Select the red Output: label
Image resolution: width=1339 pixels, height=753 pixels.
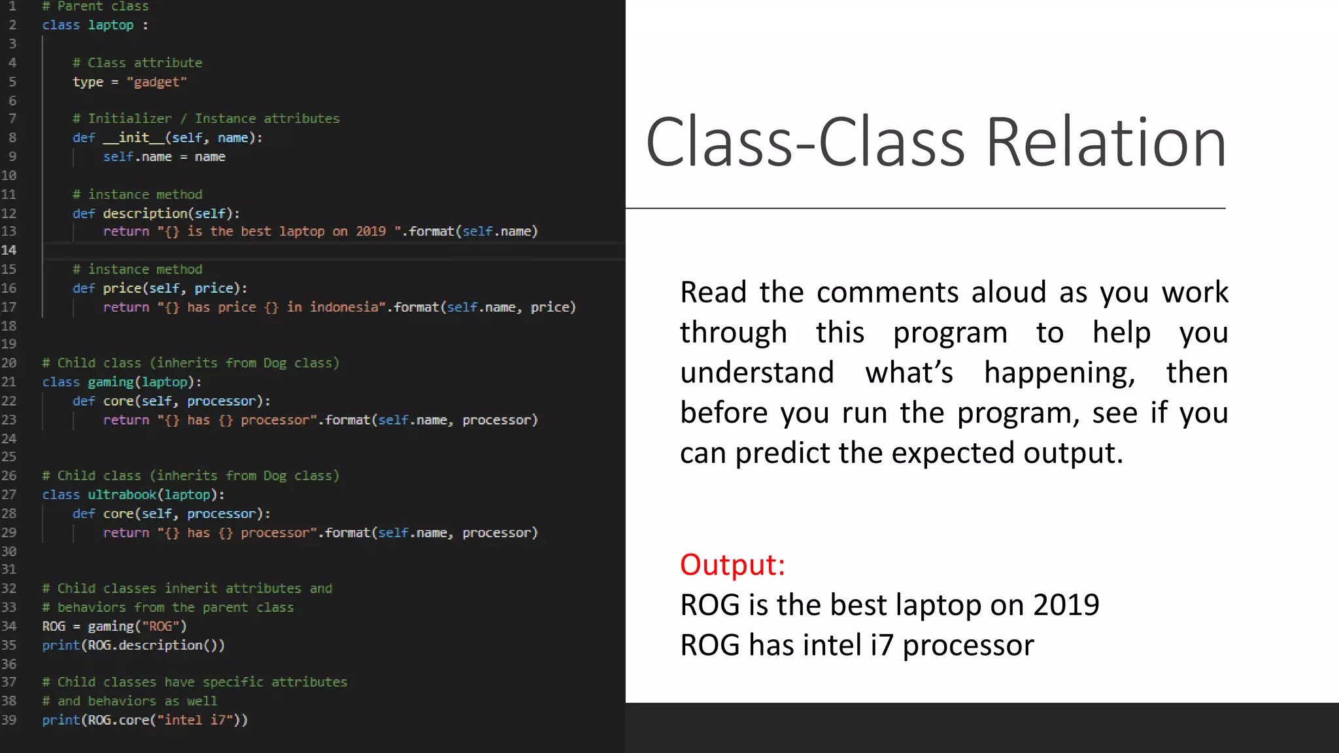[x=732, y=565]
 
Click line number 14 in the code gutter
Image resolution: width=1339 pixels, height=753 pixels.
[x=9, y=250]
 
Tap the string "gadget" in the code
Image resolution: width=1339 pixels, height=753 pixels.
[x=157, y=82]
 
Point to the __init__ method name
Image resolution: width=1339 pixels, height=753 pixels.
[x=134, y=137]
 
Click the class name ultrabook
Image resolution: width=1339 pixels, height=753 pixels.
[x=122, y=495]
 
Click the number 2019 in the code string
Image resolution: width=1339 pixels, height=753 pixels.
[x=371, y=231]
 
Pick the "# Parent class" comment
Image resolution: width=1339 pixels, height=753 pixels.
[x=95, y=7]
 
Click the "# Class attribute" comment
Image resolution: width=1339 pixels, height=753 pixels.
[x=137, y=63]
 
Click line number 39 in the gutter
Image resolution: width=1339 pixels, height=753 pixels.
[x=9, y=720]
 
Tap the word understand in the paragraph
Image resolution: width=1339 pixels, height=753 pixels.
[x=756, y=373]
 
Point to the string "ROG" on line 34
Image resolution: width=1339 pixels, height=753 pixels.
[x=160, y=626]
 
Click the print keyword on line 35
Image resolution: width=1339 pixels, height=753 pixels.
[x=61, y=645]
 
